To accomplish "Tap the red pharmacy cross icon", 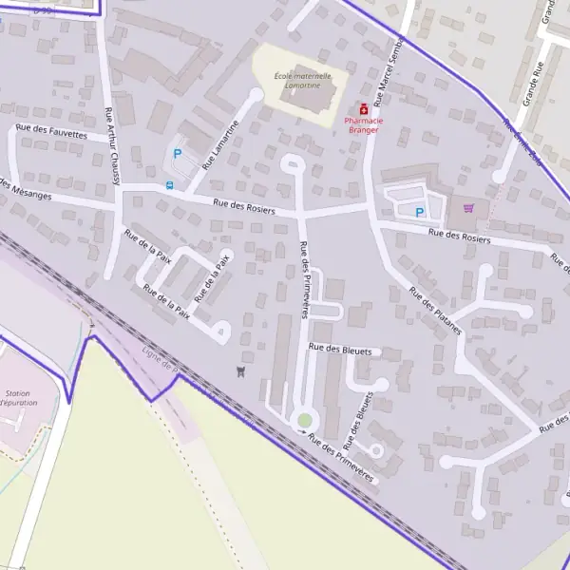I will (362, 109).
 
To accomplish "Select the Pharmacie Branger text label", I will (362, 125).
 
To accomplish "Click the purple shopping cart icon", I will (466, 208).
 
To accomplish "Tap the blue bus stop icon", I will (170, 185).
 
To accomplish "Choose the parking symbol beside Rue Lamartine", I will (176, 153).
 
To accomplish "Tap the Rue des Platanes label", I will (434, 310).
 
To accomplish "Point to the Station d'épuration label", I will (17, 398).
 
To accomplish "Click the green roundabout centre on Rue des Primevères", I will (304, 419).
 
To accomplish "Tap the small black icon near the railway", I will (240, 370).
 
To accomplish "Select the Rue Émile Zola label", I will (522, 142).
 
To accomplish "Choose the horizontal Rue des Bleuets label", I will (344, 350).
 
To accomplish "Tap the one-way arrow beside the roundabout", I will (304, 432).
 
